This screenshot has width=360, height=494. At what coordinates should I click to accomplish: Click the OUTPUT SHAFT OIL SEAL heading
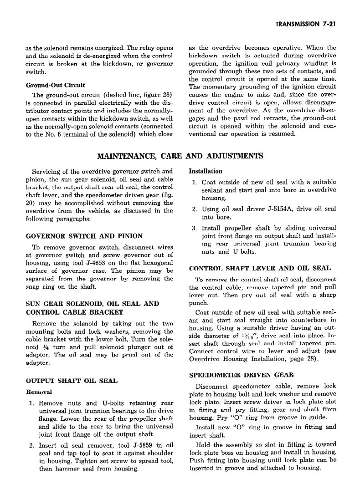coord(72,380)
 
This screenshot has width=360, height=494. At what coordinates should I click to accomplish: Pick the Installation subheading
coord(206,172)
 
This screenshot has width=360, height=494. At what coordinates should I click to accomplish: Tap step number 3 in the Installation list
coord(193,228)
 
